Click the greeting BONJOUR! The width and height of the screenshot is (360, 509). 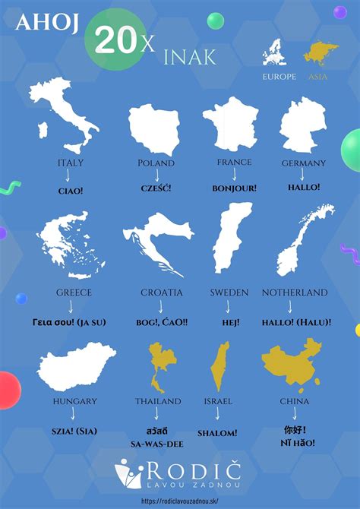pos(234,188)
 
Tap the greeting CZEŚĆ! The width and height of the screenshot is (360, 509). pos(156,188)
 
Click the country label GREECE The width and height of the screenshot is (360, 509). pos(74,292)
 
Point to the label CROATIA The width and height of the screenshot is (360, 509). pos(161,292)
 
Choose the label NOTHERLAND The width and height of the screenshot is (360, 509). pos(294,292)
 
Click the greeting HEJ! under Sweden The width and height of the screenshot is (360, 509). pos(228,322)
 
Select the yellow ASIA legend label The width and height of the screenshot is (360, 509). pos(319,77)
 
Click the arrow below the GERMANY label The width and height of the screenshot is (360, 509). pos(302,175)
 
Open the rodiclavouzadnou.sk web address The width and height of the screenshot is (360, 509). pos(180,501)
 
